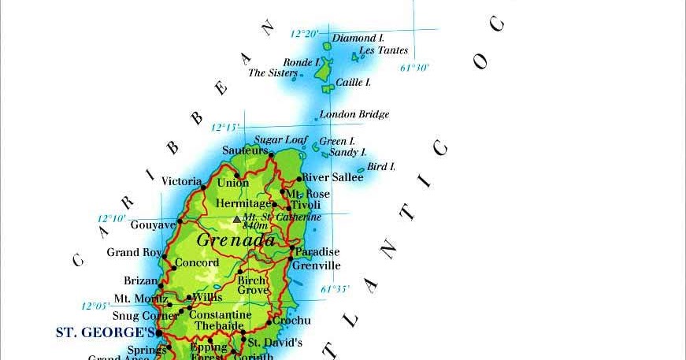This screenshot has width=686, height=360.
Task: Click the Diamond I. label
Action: pos(358,38)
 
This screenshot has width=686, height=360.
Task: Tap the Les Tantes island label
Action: pos(384,50)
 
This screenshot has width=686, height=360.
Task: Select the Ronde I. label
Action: pos(302,62)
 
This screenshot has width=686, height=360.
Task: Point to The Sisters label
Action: pos(273,72)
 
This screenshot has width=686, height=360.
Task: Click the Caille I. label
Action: pos(353,82)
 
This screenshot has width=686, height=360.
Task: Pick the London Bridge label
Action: pos(354,114)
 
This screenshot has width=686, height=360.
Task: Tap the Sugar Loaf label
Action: pos(280,140)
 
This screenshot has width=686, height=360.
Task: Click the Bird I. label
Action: pos(381,167)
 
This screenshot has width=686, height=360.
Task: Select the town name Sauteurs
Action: pos(245,150)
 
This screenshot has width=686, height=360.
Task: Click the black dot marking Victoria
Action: pos(203,187)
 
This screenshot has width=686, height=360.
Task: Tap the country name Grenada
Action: pos(235,239)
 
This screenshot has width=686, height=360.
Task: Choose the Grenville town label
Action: pos(316,265)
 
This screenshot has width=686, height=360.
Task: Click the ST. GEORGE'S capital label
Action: pos(104,332)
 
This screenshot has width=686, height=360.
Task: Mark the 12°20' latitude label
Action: pos(304,34)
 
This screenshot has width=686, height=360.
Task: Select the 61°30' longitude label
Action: pos(414,68)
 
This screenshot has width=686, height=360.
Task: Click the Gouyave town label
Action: pos(153,225)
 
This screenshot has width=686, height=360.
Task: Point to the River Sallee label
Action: pos(332,177)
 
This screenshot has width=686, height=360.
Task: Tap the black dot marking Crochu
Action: pos(269,321)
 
